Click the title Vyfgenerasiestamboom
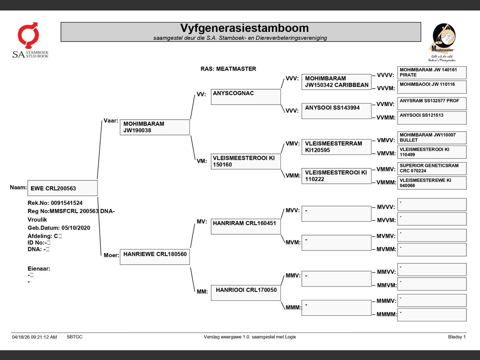244,28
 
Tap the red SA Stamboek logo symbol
28,35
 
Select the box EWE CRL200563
63,188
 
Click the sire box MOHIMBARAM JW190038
155,127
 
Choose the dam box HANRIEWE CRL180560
155,257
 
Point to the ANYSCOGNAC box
246,97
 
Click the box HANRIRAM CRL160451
246,226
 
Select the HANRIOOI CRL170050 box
246,293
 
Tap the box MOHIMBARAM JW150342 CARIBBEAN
336,82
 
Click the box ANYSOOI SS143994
336,111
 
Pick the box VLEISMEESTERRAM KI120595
336,147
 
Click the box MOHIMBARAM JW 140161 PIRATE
432,73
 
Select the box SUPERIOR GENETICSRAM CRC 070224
432,168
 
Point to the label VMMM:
386,183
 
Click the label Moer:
111,255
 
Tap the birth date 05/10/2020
76,228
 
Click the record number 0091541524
67,203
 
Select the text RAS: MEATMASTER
228,69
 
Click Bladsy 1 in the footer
457,337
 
